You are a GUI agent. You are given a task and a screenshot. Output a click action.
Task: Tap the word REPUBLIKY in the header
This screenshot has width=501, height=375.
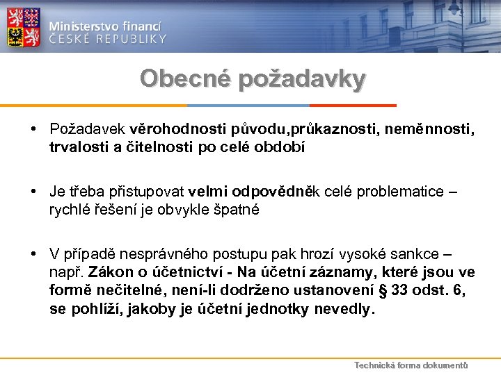(132, 39)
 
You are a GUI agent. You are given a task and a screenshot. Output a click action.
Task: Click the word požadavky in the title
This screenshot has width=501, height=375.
(301, 79)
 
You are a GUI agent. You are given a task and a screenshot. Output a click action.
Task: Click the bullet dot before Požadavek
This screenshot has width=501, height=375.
(34, 128)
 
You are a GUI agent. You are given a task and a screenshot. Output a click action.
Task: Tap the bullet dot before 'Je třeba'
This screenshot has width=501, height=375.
(34, 191)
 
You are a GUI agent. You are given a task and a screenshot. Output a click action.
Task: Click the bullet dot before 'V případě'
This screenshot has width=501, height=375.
(34, 253)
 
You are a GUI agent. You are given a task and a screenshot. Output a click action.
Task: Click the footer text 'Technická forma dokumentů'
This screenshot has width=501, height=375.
(411, 365)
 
